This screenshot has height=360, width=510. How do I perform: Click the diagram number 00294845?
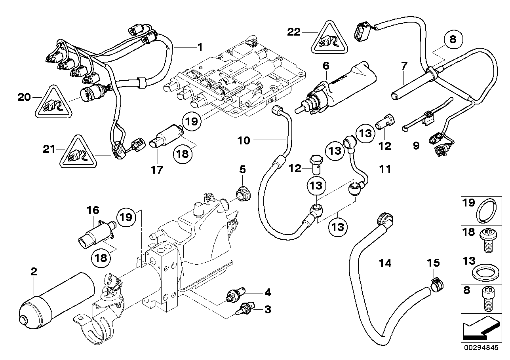point(483,349)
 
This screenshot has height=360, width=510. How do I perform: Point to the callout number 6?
point(325,66)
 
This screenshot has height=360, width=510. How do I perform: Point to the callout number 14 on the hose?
point(385,263)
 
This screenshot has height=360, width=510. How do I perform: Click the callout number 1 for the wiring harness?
point(200,48)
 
